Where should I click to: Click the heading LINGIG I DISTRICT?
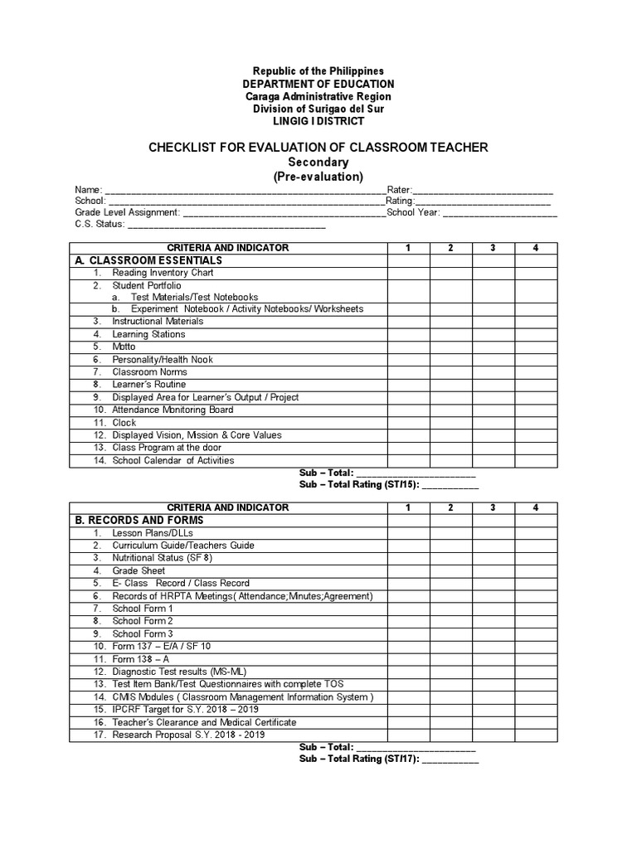pos(318,121)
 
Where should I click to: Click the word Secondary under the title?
pos(318,163)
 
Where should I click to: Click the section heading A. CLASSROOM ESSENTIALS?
pos(149,260)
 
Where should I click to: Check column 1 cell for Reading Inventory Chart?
pos(408,273)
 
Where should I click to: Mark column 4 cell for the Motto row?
pos(536,347)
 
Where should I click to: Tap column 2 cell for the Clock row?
pos(450,423)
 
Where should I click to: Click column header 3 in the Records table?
pos(493,507)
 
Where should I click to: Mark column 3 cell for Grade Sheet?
pos(493,570)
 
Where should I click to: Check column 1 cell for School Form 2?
pos(408,621)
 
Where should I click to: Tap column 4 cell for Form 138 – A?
pos(536,659)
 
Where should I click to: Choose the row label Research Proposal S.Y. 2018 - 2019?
pos(189,735)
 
